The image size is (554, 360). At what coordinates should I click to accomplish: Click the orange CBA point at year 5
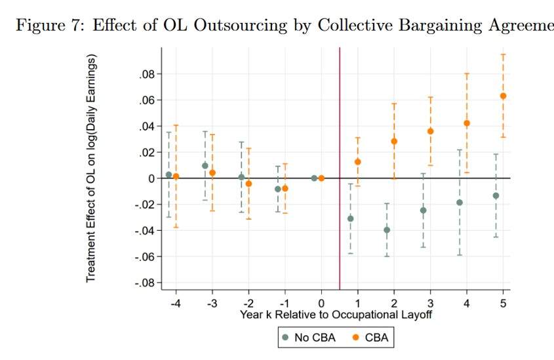[503, 96]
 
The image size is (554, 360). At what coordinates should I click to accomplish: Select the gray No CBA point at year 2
[387, 230]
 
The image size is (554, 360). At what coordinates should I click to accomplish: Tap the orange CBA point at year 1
[358, 161]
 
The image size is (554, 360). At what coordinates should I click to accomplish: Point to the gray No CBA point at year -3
[205, 166]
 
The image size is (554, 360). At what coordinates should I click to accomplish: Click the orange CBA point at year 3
[431, 131]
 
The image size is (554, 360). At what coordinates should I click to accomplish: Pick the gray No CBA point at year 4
[460, 203]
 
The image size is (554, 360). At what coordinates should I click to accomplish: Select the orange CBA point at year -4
[176, 176]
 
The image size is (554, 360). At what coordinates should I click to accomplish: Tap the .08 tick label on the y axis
[146, 74]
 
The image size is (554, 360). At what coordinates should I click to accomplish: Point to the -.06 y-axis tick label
[144, 256]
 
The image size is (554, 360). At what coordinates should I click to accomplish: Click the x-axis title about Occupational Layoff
[336, 314]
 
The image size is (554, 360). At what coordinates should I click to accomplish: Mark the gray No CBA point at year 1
[351, 218]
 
